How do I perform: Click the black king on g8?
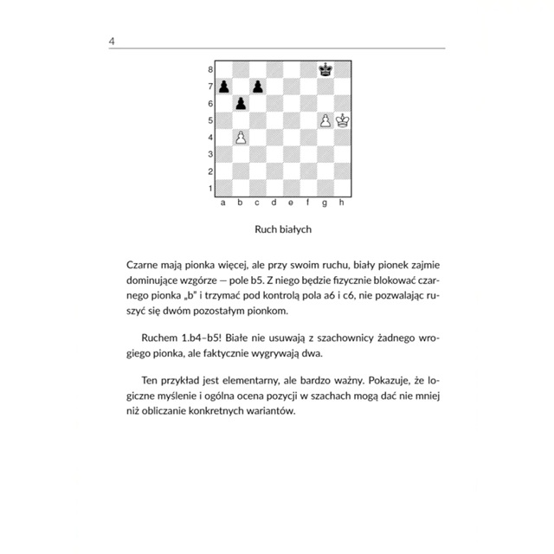325,70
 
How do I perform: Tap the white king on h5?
343,120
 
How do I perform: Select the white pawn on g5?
325,120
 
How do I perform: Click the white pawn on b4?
242,138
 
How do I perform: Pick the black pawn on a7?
224,87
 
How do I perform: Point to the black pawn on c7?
258,87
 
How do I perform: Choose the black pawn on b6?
242,104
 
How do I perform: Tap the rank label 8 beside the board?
209,70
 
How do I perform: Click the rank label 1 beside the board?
209,188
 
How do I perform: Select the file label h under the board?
343,203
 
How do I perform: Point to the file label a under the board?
224,203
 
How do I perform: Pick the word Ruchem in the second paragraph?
157,336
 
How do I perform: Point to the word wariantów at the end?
269,411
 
